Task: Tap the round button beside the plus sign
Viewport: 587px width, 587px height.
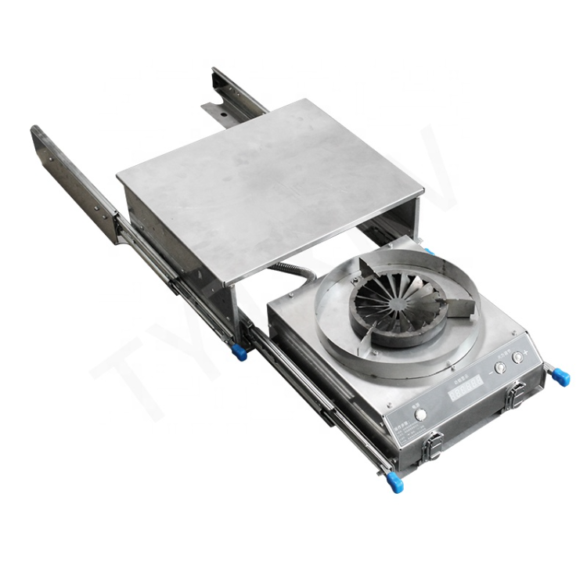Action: (517, 357)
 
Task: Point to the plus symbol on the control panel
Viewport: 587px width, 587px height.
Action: (530, 351)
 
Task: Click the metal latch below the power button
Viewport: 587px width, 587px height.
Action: (429, 447)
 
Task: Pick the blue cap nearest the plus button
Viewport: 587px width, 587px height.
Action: (563, 378)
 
